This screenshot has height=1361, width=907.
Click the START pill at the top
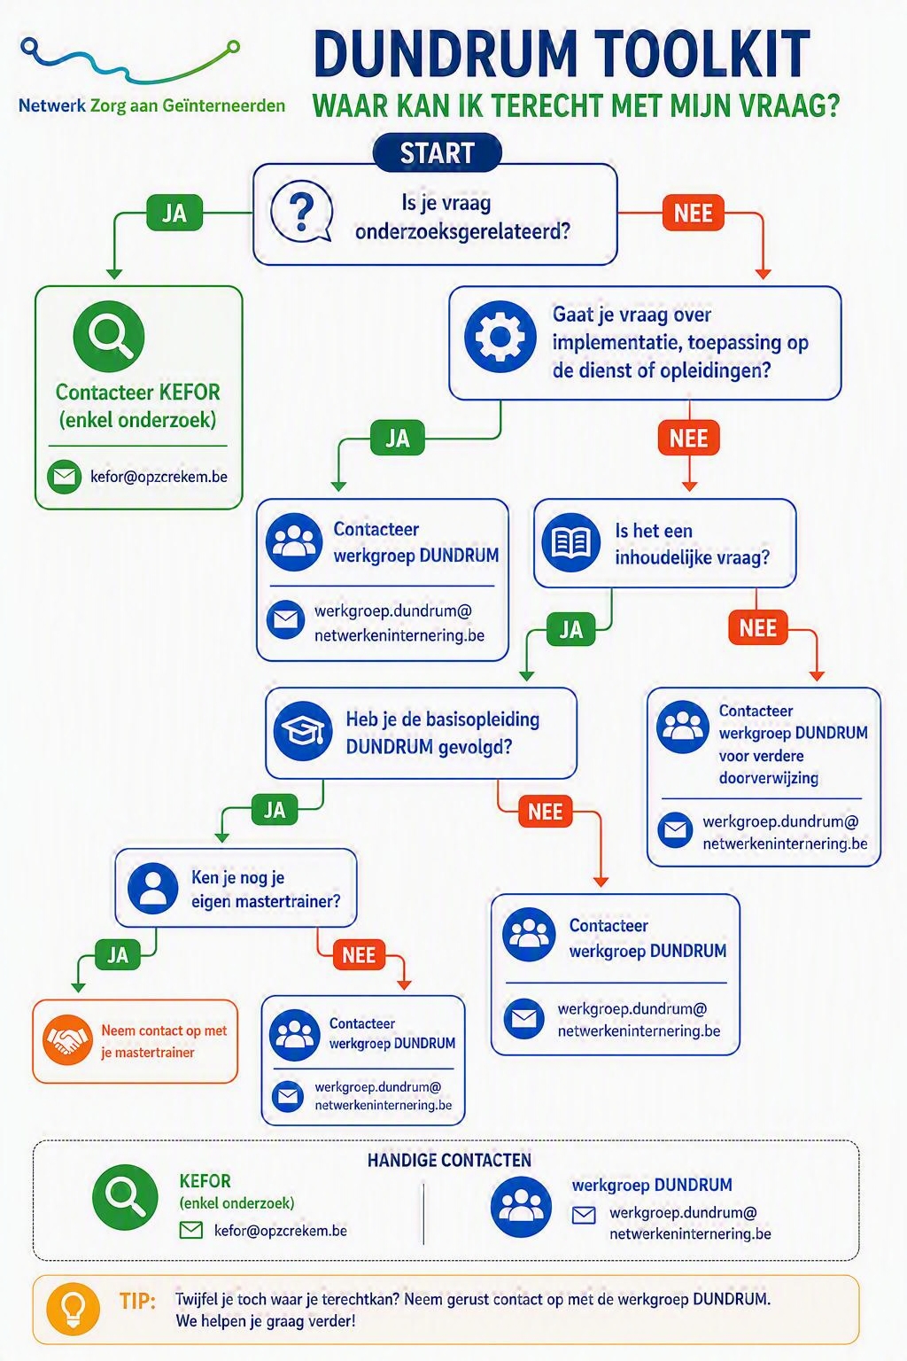click(x=437, y=152)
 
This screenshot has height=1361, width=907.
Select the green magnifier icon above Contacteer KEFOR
click(x=109, y=336)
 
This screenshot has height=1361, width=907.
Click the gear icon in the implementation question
click(x=500, y=337)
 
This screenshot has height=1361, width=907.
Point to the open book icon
click(x=571, y=542)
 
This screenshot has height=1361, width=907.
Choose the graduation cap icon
click(x=303, y=731)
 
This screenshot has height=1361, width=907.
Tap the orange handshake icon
click(x=67, y=1039)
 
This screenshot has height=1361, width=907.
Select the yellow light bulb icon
click(x=74, y=1309)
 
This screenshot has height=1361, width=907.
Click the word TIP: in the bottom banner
click(x=137, y=1300)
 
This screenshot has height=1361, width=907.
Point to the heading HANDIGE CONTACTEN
click(x=449, y=1160)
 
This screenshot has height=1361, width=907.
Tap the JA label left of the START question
click(x=174, y=213)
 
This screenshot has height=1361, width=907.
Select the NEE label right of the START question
click(x=694, y=213)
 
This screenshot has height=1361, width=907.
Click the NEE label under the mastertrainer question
click(x=359, y=954)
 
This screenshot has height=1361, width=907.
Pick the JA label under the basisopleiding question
click(x=275, y=809)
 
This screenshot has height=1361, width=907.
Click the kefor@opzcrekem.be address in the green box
click(x=159, y=477)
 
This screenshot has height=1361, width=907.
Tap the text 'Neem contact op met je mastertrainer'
click(x=163, y=1041)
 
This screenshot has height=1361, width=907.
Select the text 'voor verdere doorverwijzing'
click(x=769, y=766)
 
